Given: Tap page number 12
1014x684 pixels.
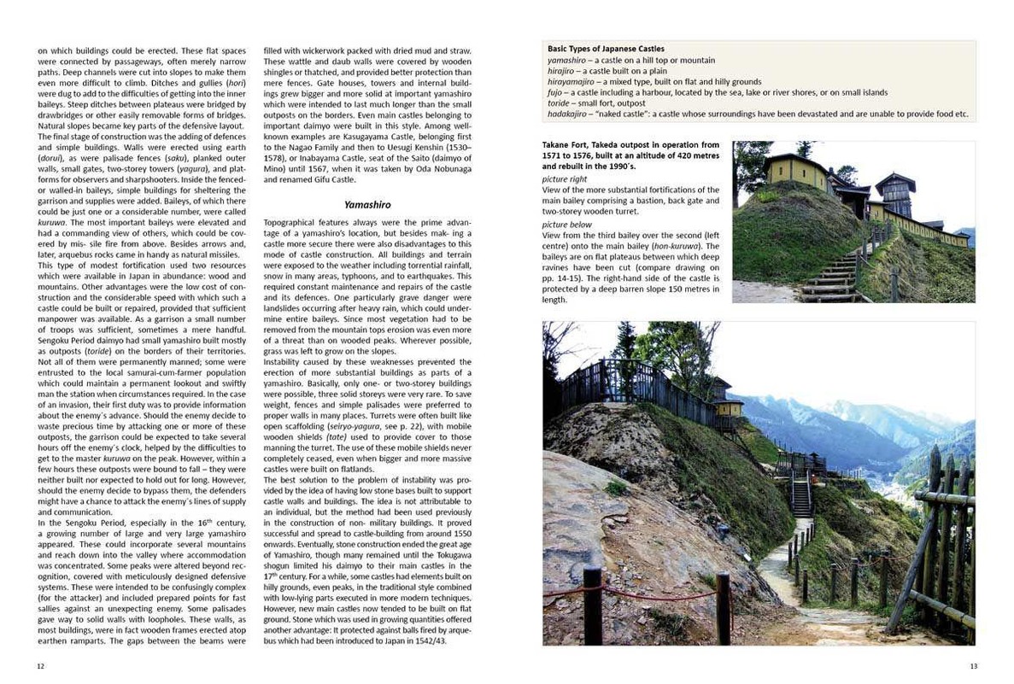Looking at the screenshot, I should tap(40, 666).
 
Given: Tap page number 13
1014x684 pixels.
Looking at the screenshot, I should tap(972, 666).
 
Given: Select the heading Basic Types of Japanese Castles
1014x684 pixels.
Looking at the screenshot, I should tap(606, 50).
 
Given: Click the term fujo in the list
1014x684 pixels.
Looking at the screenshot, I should tap(556, 92).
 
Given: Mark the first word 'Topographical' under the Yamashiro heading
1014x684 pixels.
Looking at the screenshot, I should tap(289, 221).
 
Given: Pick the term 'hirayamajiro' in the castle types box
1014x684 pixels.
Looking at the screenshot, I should tap(571, 82).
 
